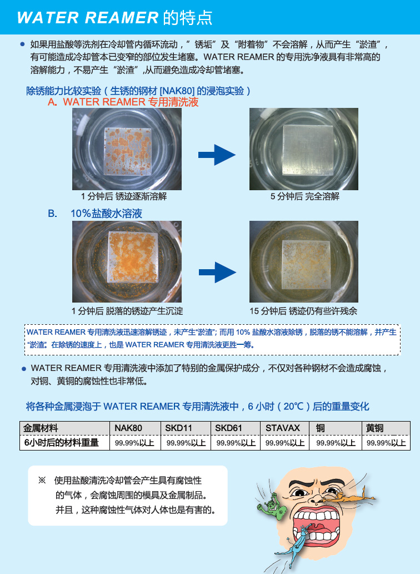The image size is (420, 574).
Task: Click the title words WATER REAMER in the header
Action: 88,18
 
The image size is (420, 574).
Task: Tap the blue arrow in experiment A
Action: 217,155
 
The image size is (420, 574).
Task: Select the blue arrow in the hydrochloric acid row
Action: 217,273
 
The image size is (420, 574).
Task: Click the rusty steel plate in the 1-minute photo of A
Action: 128,151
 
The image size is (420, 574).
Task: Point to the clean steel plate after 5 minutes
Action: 308,150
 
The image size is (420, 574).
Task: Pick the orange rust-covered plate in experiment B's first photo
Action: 133,258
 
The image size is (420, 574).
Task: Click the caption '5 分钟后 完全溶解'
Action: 305,196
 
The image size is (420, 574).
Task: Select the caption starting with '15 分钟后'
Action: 303,311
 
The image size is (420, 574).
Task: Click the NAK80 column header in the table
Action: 128,428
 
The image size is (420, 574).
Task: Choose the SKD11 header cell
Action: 179,428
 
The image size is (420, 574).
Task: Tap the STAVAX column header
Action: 283,428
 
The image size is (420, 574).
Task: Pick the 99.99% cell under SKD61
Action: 236,443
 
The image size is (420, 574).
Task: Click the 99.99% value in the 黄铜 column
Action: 386,443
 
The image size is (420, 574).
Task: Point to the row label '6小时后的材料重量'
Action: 62,443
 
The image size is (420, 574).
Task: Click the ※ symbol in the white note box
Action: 42,481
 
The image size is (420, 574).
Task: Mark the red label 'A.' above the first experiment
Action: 52,102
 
